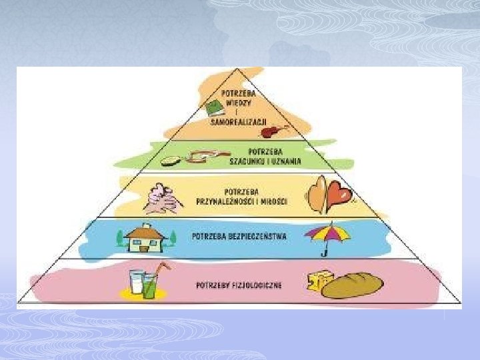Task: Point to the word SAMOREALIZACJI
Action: [238, 121]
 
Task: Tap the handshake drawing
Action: [160, 198]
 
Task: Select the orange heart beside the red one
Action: [319, 192]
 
